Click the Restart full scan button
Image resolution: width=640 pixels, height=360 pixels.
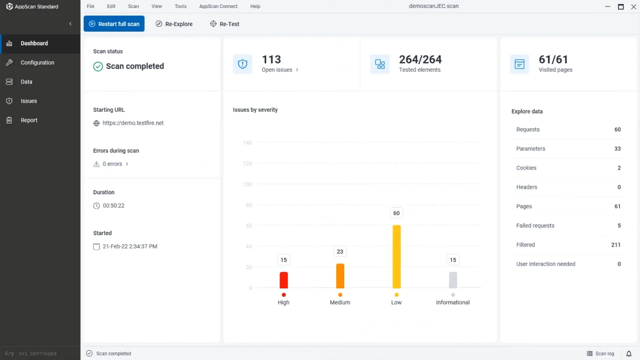point(114,24)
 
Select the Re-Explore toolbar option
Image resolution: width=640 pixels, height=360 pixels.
point(174,24)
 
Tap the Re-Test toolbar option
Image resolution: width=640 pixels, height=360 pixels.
point(225,24)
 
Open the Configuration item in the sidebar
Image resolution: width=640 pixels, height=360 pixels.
point(38,63)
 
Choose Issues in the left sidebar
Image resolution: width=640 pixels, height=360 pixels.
point(29,101)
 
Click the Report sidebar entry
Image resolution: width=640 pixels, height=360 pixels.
point(29,120)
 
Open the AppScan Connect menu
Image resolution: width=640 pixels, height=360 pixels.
point(218,7)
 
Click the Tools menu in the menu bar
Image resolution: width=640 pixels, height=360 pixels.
point(181,7)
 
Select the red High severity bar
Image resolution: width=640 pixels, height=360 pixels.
point(284,280)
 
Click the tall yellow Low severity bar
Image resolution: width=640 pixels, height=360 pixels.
point(396,256)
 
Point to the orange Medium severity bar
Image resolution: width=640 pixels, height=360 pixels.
point(340,276)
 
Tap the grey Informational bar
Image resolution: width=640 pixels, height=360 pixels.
point(453,280)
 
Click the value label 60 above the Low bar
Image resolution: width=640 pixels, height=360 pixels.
point(396,213)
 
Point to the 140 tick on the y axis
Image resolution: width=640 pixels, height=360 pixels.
point(247,143)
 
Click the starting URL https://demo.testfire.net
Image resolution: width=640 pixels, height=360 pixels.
point(133,123)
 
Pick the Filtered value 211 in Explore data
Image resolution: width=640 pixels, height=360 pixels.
point(615,245)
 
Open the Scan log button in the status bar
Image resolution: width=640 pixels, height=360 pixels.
point(600,353)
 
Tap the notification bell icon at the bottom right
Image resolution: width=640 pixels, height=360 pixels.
point(629,353)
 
